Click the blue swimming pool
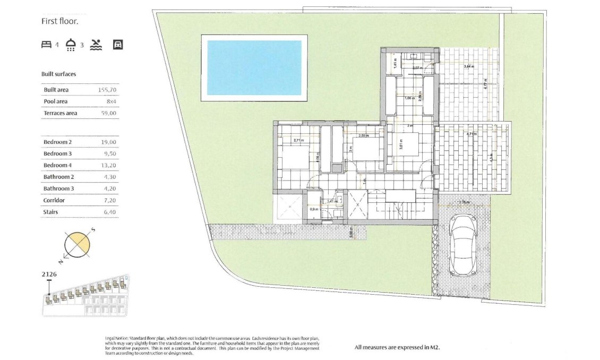click(x=254, y=67)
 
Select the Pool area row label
click(x=56, y=101)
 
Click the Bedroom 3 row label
click(x=57, y=153)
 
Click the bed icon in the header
click(x=46, y=45)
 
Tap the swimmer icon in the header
click(x=96, y=45)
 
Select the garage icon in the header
click(x=118, y=45)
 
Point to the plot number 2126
click(x=49, y=275)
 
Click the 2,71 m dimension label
click(x=299, y=141)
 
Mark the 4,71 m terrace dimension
click(x=471, y=134)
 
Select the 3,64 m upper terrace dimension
click(x=468, y=66)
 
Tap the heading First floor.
click(x=60, y=22)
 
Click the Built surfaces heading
click(x=58, y=74)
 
